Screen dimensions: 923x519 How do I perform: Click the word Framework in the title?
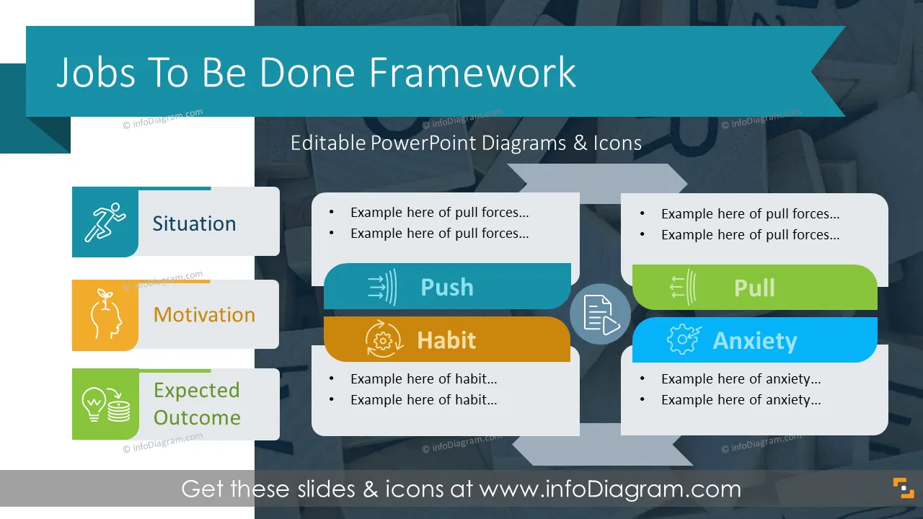click(472, 73)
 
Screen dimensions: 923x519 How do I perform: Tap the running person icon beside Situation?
click(105, 221)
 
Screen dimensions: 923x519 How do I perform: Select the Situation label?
click(194, 223)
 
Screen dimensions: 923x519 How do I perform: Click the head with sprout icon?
click(106, 314)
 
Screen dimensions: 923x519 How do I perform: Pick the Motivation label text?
click(204, 315)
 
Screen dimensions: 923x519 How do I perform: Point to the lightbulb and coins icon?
click(106, 404)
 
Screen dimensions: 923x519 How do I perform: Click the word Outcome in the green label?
click(197, 417)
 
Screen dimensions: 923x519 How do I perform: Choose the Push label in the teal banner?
click(447, 287)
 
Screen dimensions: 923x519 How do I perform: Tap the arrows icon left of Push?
click(382, 287)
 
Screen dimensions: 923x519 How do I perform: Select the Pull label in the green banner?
click(754, 288)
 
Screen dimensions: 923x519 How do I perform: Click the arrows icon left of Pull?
click(683, 287)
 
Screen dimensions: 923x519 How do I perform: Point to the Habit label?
click(446, 340)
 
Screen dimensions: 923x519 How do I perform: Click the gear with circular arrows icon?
click(383, 340)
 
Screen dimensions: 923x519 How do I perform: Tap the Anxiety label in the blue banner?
click(755, 341)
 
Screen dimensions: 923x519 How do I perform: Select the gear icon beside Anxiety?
click(684, 339)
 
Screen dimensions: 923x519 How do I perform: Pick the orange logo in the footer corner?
click(904, 488)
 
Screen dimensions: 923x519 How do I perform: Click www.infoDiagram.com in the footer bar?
click(610, 489)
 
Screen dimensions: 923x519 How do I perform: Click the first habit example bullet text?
click(423, 379)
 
